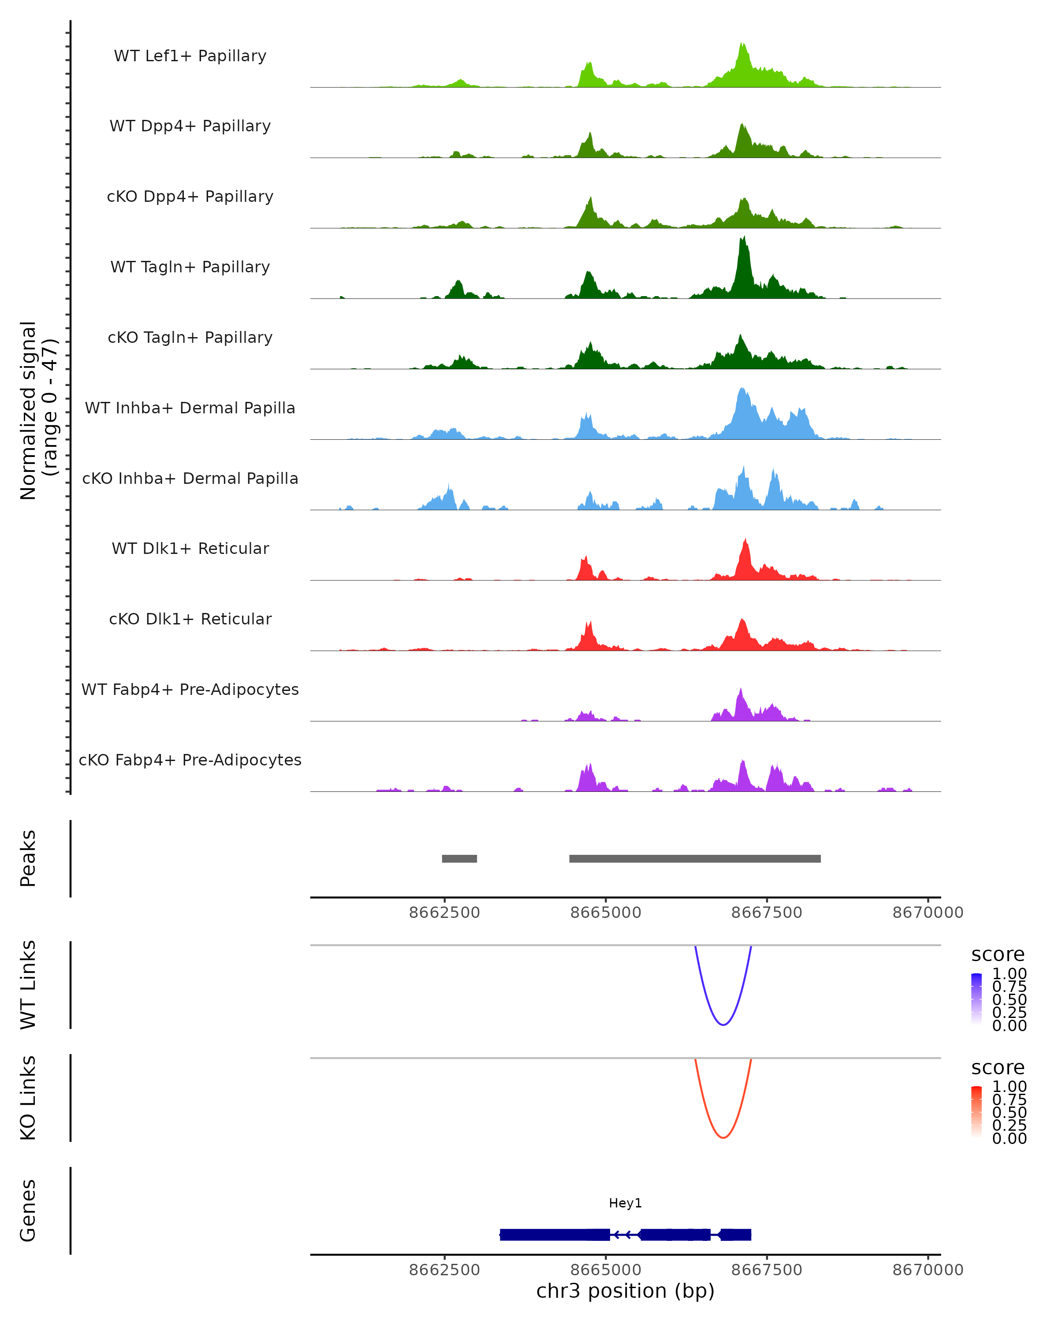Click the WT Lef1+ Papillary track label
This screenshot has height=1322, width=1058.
190,56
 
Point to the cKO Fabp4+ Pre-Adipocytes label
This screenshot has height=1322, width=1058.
190,760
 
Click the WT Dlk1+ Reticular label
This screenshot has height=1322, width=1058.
190,548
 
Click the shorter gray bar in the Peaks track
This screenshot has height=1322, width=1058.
459,858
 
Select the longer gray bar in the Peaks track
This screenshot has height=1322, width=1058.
695,858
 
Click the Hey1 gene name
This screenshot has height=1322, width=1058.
625,1203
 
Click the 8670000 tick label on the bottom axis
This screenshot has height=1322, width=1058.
928,1270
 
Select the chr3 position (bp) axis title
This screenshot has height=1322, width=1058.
625,1291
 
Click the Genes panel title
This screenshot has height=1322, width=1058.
28,1211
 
